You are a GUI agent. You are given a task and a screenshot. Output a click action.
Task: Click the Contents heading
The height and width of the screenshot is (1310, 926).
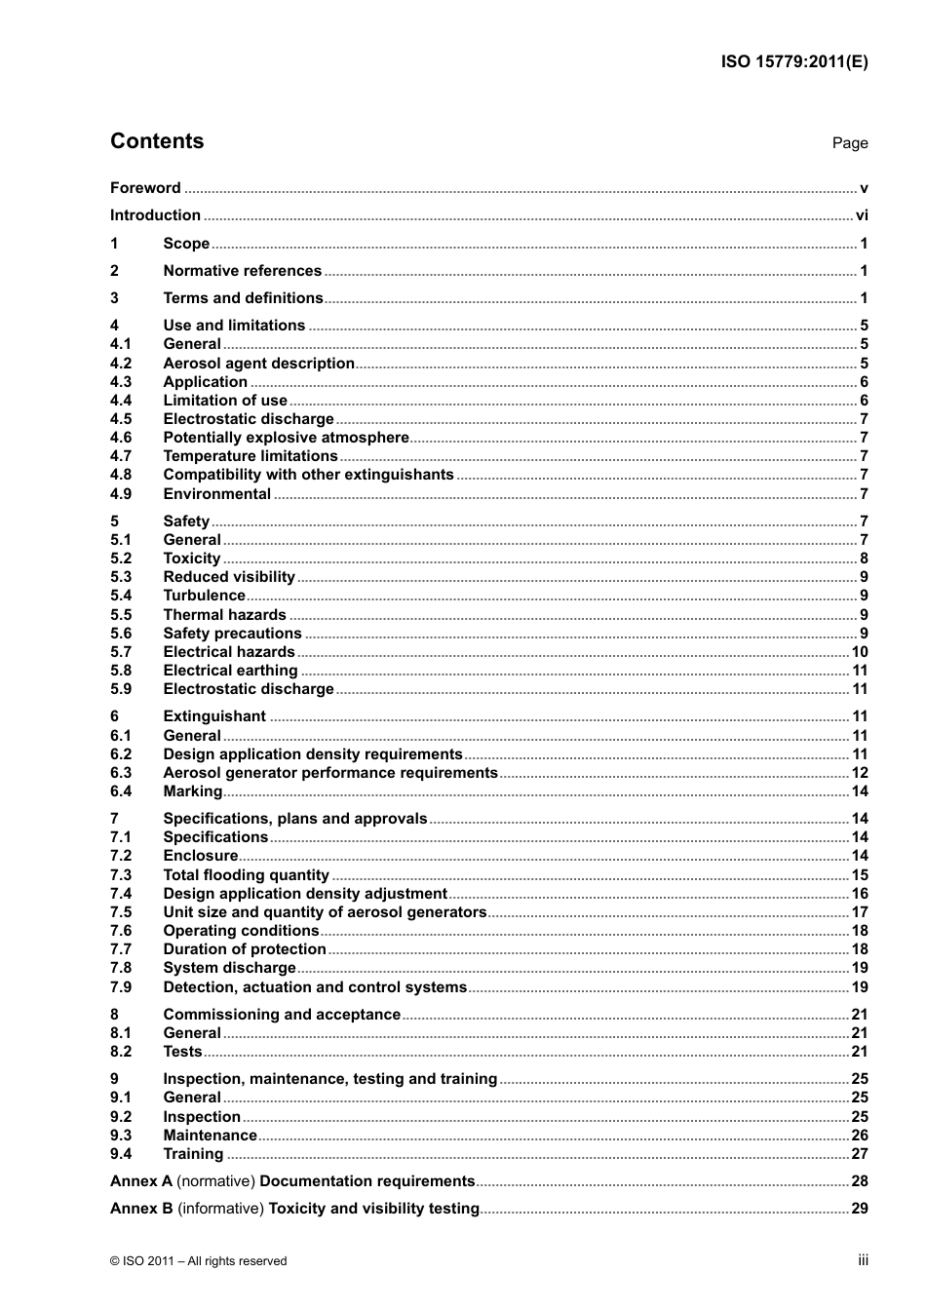(x=157, y=141)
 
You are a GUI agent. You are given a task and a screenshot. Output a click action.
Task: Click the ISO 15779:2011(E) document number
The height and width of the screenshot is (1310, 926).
(x=794, y=61)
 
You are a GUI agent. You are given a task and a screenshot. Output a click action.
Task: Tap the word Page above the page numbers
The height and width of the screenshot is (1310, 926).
(x=849, y=143)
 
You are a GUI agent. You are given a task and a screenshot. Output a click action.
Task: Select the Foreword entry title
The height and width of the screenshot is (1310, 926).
(x=145, y=188)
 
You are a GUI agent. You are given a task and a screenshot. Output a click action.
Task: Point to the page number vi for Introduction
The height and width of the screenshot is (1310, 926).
(x=862, y=215)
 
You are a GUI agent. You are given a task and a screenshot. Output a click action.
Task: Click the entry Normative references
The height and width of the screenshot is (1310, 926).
(x=242, y=271)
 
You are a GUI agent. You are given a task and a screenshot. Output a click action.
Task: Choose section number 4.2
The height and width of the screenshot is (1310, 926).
(x=121, y=364)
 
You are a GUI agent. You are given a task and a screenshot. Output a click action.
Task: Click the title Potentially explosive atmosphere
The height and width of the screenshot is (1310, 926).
(x=286, y=438)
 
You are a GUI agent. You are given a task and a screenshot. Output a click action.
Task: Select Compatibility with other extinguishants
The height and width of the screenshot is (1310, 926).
(x=308, y=475)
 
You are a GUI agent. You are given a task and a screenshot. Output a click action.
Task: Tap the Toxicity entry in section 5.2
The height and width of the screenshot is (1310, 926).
(x=192, y=559)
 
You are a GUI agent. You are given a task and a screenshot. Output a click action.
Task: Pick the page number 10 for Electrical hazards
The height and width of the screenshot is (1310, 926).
(x=860, y=652)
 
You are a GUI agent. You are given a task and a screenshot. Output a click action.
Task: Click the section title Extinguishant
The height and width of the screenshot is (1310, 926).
(x=214, y=716)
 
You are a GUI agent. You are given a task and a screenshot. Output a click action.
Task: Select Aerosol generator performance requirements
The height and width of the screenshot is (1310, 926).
(x=330, y=773)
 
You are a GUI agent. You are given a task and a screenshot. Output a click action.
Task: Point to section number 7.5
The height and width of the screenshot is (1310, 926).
(x=121, y=912)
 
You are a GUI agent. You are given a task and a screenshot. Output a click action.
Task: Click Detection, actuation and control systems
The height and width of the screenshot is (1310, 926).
(x=315, y=987)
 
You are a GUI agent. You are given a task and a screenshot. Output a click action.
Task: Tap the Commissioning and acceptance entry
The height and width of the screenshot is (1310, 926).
(x=282, y=1015)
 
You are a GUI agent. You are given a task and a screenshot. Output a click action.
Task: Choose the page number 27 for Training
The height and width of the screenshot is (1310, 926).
(x=860, y=1154)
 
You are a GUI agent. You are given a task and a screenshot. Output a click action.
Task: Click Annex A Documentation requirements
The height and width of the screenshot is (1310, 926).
(x=292, y=1181)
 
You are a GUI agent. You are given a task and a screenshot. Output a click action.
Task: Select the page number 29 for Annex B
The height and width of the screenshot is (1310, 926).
(x=860, y=1209)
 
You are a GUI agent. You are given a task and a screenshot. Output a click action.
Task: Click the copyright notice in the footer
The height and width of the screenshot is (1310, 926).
(x=199, y=1261)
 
